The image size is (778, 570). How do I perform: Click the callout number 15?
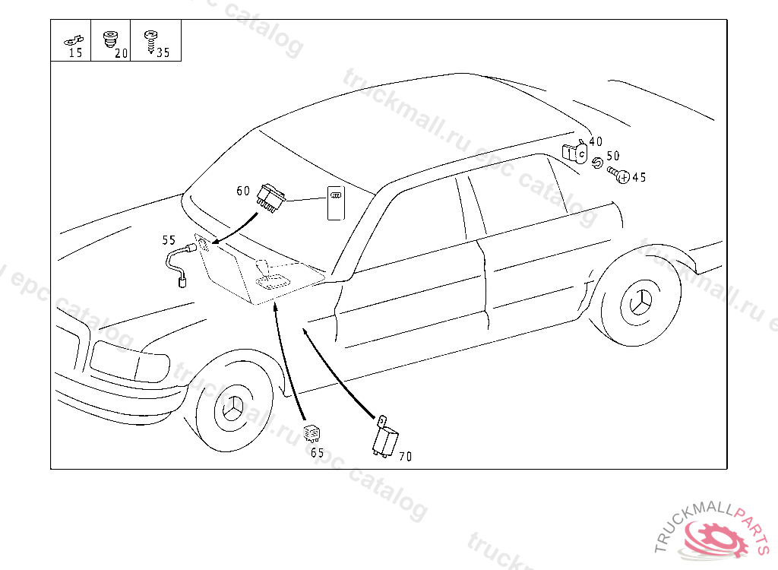click(x=75, y=53)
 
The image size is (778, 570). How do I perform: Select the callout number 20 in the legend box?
click(x=120, y=53)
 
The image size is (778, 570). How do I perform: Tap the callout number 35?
click(x=163, y=53)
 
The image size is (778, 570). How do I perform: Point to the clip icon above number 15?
click(x=74, y=40)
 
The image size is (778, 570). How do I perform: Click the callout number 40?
click(x=596, y=141)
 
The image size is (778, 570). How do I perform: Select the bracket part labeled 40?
click(x=575, y=153)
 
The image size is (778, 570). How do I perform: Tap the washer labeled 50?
click(x=597, y=163)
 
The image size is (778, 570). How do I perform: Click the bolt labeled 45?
click(x=618, y=176)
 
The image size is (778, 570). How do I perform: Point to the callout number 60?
click(x=243, y=191)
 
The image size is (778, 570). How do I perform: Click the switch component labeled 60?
click(x=271, y=196)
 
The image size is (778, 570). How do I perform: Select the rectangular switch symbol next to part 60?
click(x=335, y=203)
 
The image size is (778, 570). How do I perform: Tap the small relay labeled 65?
click(x=312, y=434)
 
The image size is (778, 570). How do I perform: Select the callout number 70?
click(x=406, y=457)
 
